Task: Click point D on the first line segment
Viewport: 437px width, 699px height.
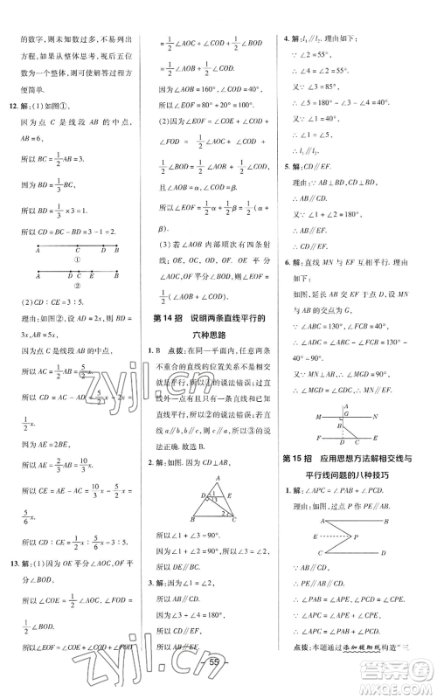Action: [101, 247]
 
